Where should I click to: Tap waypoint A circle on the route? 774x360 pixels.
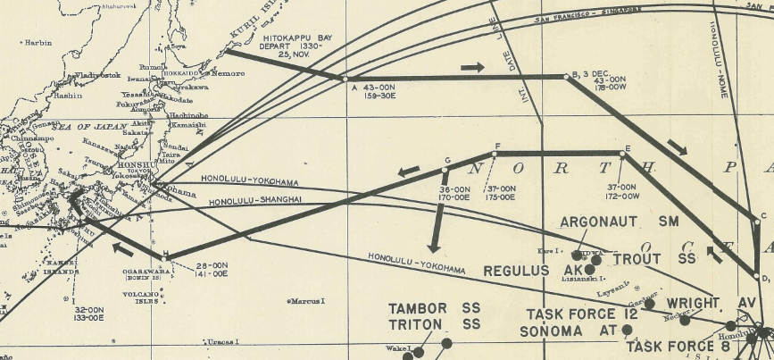pos(345,79)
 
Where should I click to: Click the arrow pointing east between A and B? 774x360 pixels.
pos(474,67)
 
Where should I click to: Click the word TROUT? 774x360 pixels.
pos(636,258)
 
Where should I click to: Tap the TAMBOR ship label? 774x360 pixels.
pos(422,308)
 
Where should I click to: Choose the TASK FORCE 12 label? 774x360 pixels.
pos(570,314)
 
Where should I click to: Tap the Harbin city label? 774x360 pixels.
pos(38,42)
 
